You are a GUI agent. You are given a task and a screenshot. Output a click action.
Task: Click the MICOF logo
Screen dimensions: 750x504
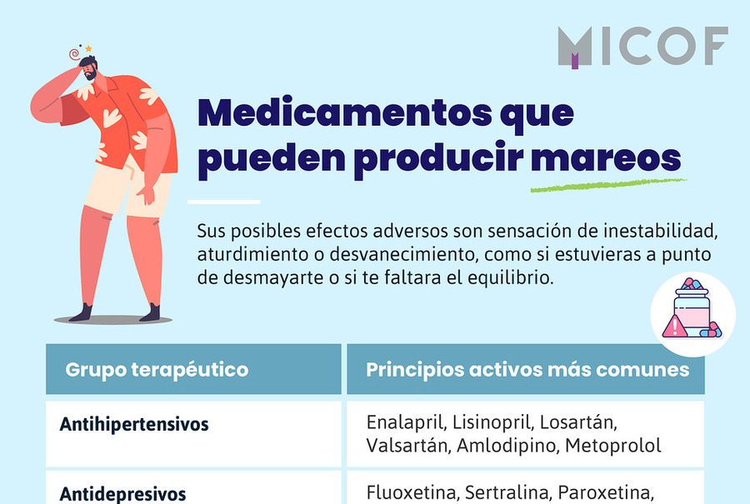[x=642, y=47]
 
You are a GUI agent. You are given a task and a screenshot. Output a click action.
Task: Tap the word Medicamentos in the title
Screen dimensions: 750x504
[x=345, y=112]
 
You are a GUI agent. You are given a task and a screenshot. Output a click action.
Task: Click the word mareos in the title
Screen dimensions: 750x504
[x=606, y=158]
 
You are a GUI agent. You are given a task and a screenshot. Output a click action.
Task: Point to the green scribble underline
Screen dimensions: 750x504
[x=608, y=186]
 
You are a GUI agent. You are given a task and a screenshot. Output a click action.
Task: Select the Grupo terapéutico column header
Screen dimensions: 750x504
[x=157, y=370]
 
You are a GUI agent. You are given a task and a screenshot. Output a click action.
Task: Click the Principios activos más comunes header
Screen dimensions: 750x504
[x=527, y=370]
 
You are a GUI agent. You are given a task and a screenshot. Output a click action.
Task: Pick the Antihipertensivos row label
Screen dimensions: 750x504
[x=134, y=424]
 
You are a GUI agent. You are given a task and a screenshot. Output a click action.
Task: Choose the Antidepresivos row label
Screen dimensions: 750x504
[x=122, y=494]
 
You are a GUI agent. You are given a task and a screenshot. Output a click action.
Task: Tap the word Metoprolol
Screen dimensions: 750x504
[x=613, y=446]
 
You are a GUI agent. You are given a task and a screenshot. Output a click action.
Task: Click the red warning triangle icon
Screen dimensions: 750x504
[x=674, y=327]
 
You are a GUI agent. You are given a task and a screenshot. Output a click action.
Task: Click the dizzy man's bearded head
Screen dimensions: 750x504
[x=89, y=68]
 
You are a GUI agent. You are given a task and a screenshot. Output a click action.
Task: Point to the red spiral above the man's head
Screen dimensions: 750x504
[x=74, y=54]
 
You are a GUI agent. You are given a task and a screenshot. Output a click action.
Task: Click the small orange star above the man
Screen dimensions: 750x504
[x=88, y=49]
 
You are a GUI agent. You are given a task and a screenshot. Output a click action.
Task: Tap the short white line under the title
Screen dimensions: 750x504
[x=224, y=202]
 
